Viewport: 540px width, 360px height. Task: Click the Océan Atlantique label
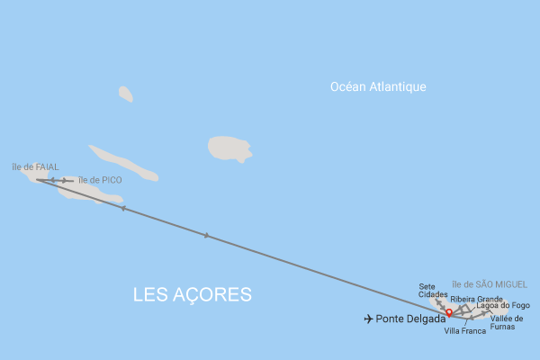[378, 87]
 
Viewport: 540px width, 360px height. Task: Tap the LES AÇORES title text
[192, 295]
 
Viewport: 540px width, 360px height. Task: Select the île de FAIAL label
[35, 166]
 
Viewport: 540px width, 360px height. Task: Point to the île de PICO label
[100, 180]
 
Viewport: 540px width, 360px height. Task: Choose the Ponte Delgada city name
[410, 319]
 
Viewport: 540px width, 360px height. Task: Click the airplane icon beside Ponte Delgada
[368, 319]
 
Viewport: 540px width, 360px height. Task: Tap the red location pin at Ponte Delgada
[449, 312]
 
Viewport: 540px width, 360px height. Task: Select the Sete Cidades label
[433, 291]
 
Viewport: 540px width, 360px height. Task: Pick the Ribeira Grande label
[476, 299]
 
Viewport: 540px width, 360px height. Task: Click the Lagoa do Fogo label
[503, 306]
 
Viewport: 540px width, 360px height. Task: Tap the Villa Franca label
[465, 331]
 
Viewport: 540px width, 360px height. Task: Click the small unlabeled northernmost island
[125, 94]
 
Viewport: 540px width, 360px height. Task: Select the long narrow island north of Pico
[123, 163]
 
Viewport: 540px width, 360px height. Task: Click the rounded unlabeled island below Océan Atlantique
[229, 148]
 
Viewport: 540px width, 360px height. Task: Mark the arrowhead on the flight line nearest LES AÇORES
[206, 236]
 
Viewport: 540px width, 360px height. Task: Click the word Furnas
[504, 327]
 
